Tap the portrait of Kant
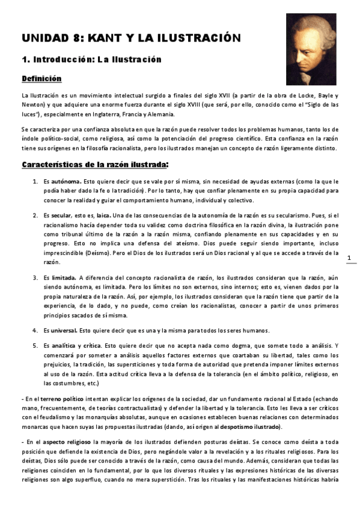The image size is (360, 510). click(x=311, y=50)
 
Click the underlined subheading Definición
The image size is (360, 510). click(x=41, y=78)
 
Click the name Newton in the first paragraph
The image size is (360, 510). click(x=34, y=105)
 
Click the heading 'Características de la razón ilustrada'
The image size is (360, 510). click(x=94, y=164)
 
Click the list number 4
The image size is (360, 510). click(x=34, y=330)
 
